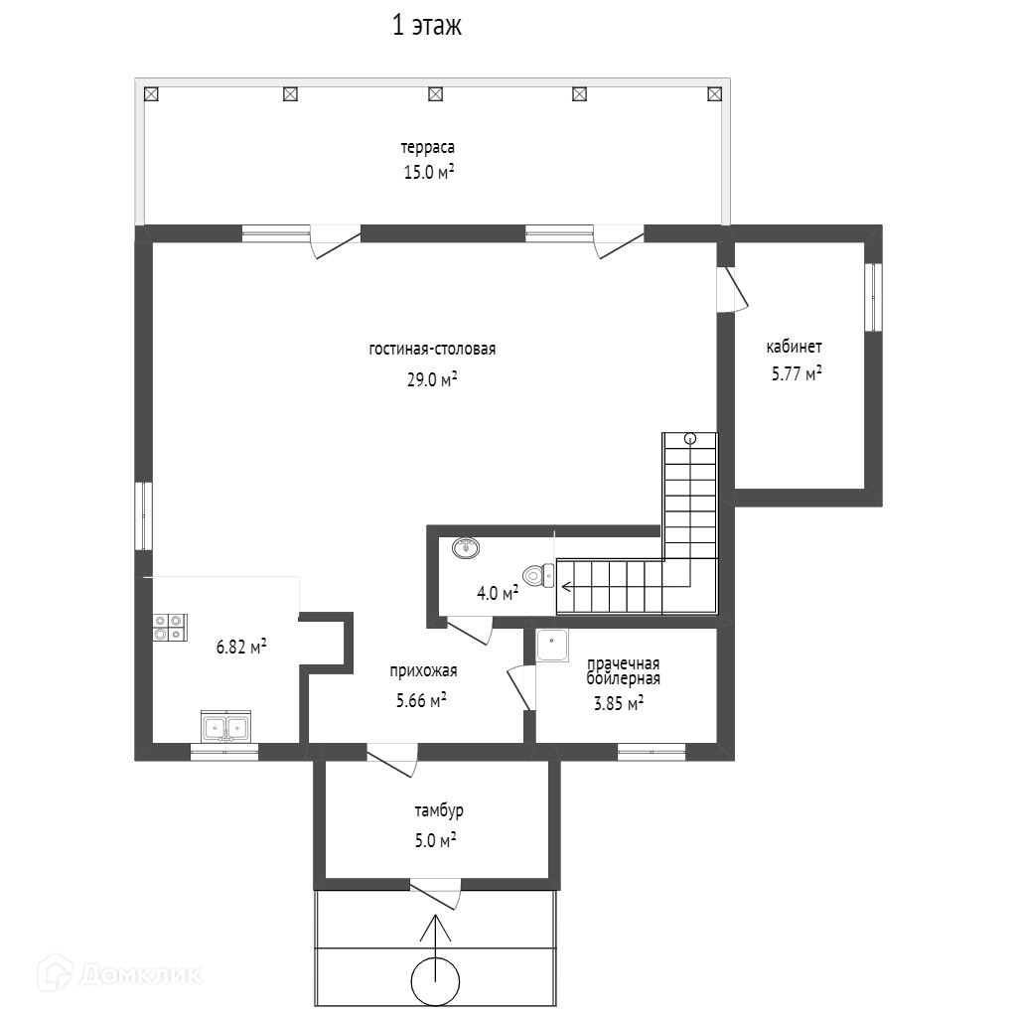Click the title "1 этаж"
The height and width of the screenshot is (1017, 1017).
(427, 26)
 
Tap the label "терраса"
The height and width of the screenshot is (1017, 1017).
(427, 148)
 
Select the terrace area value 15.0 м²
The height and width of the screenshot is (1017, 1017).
(429, 172)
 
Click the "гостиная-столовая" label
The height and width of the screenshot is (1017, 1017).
(432, 349)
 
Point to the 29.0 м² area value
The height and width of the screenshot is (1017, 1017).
(432, 378)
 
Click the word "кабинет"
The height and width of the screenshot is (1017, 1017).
(794, 347)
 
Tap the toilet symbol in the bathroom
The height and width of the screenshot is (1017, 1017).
(538, 575)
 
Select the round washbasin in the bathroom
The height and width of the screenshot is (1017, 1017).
(466, 548)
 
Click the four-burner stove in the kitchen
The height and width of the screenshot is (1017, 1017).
(170, 628)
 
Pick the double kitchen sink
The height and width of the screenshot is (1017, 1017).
(225, 726)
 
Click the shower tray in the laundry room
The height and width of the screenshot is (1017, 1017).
(552, 646)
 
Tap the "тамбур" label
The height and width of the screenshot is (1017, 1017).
(438, 810)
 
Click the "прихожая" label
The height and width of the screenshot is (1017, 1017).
(423, 670)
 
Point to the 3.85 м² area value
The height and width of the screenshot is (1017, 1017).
(619, 702)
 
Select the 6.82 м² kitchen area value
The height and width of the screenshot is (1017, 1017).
(241, 647)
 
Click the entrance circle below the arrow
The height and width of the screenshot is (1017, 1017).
(436, 981)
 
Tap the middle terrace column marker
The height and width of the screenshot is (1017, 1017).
(436, 94)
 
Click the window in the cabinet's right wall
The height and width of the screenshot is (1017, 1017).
(874, 298)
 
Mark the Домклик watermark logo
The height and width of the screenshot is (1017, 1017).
(120, 973)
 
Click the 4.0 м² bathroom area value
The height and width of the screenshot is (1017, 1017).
(498, 592)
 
